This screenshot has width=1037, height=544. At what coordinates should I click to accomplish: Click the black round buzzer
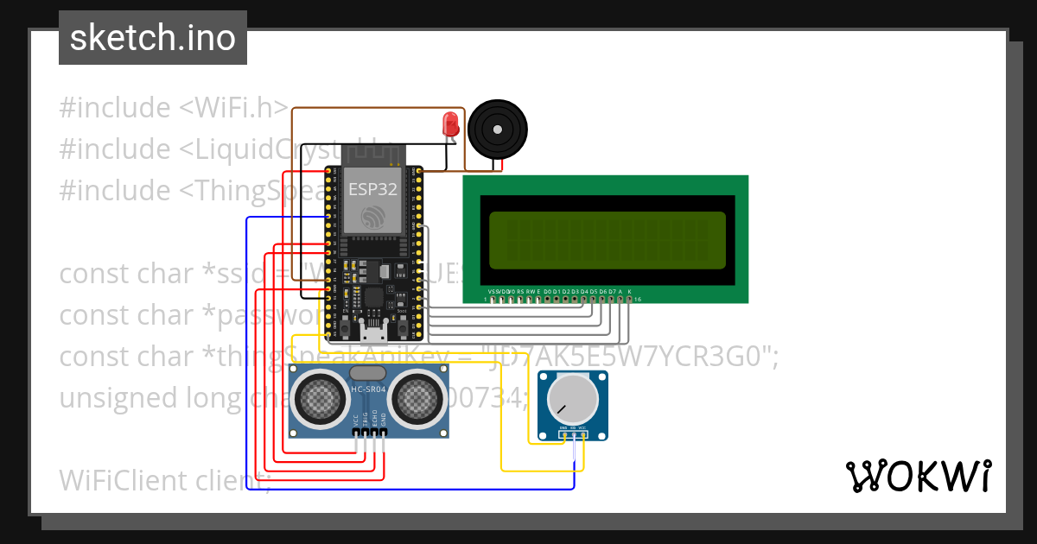pyautogui.click(x=497, y=130)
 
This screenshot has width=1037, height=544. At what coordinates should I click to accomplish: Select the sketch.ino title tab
pyautogui.click(x=153, y=38)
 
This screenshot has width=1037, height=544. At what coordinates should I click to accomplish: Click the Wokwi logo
pyautogui.click(x=918, y=476)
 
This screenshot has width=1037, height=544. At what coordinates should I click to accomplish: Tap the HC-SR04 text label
pyautogui.click(x=369, y=389)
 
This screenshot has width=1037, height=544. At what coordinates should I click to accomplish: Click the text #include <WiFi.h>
pyautogui.click(x=173, y=108)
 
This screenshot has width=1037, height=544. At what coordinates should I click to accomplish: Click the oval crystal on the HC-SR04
pyautogui.click(x=369, y=373)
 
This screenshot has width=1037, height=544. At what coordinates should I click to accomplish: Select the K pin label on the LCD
pyautogui.click(x=630, y=292)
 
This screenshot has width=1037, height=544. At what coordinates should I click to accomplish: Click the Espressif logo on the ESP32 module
pyautogui.click(x=372, y=217)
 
